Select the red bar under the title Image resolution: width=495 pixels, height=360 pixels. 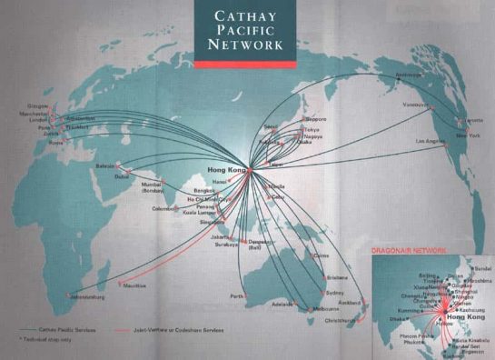(245, 65)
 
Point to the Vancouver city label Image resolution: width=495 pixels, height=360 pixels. (415, 105)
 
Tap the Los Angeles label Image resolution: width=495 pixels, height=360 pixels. (431, 142)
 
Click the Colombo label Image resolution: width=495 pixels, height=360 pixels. (163, 208)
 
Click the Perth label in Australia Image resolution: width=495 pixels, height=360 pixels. (238, 296)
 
